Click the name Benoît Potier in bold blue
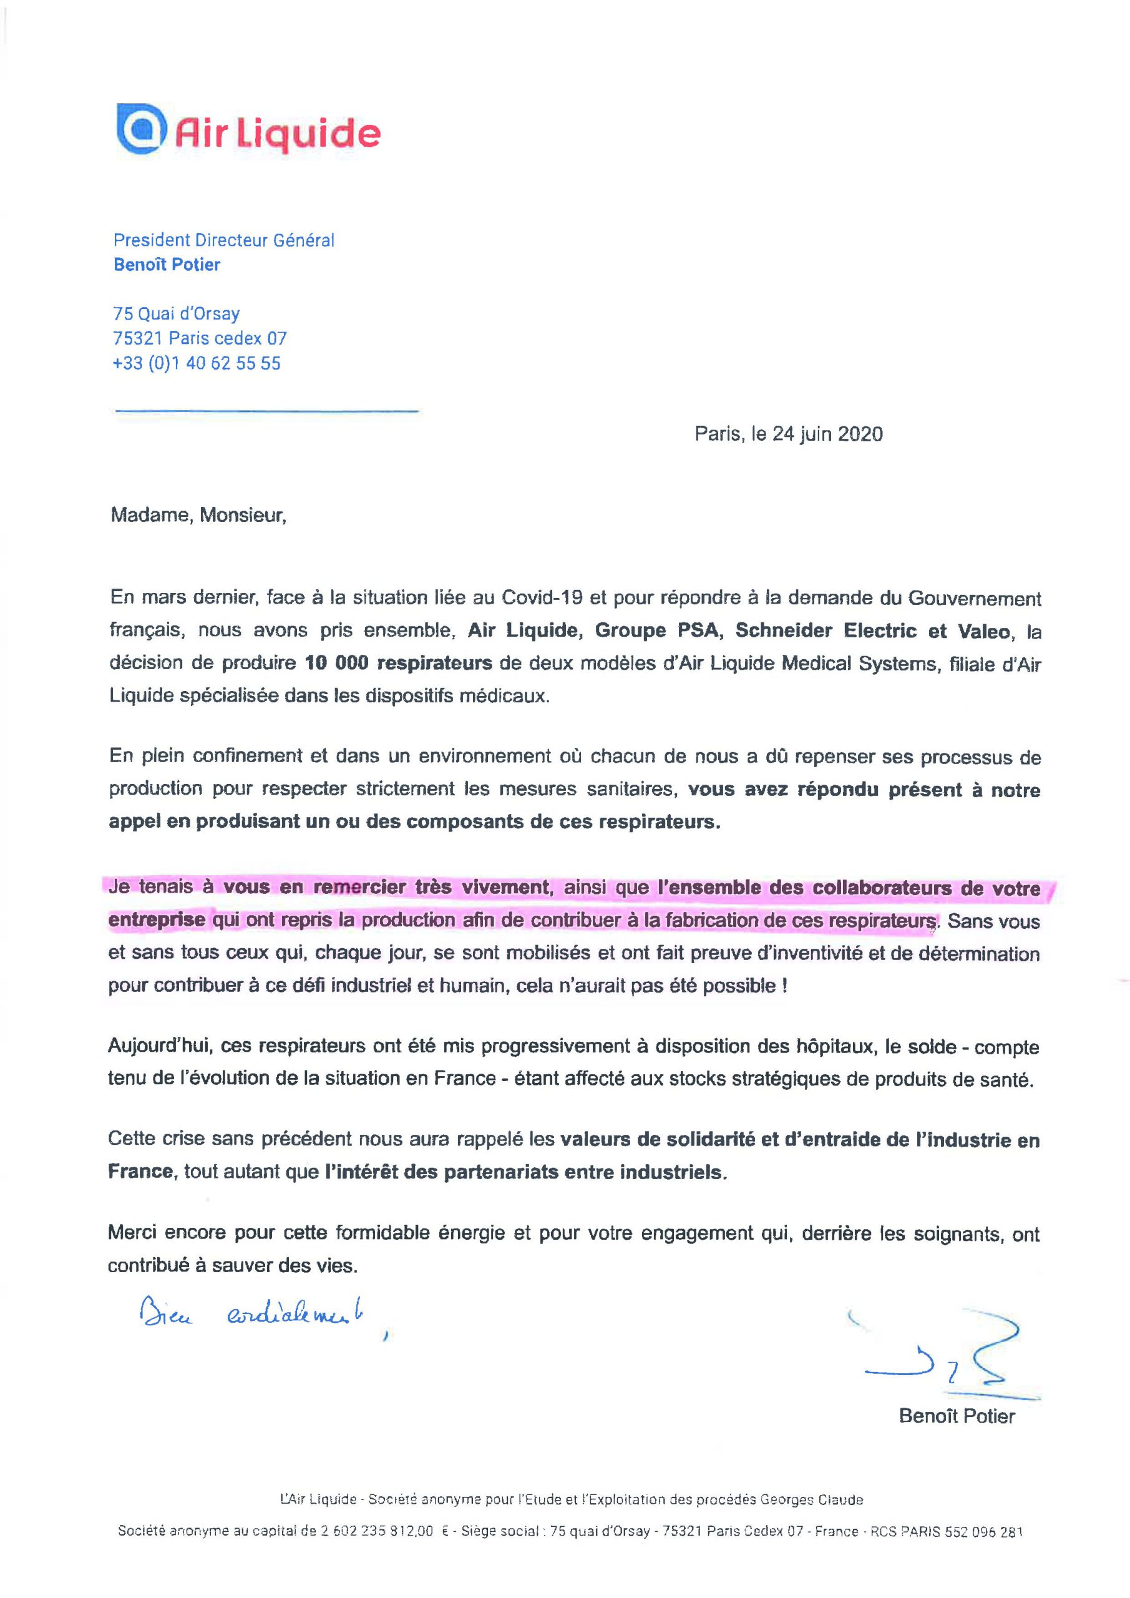point(167,265)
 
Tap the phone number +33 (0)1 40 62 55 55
point(197,363)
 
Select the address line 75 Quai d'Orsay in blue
point(176,314)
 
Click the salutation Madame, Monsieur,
point(198,516)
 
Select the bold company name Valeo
point(983,630)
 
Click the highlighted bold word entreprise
point(157,919)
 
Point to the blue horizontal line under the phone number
point(266,411)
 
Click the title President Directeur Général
point(224,240)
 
